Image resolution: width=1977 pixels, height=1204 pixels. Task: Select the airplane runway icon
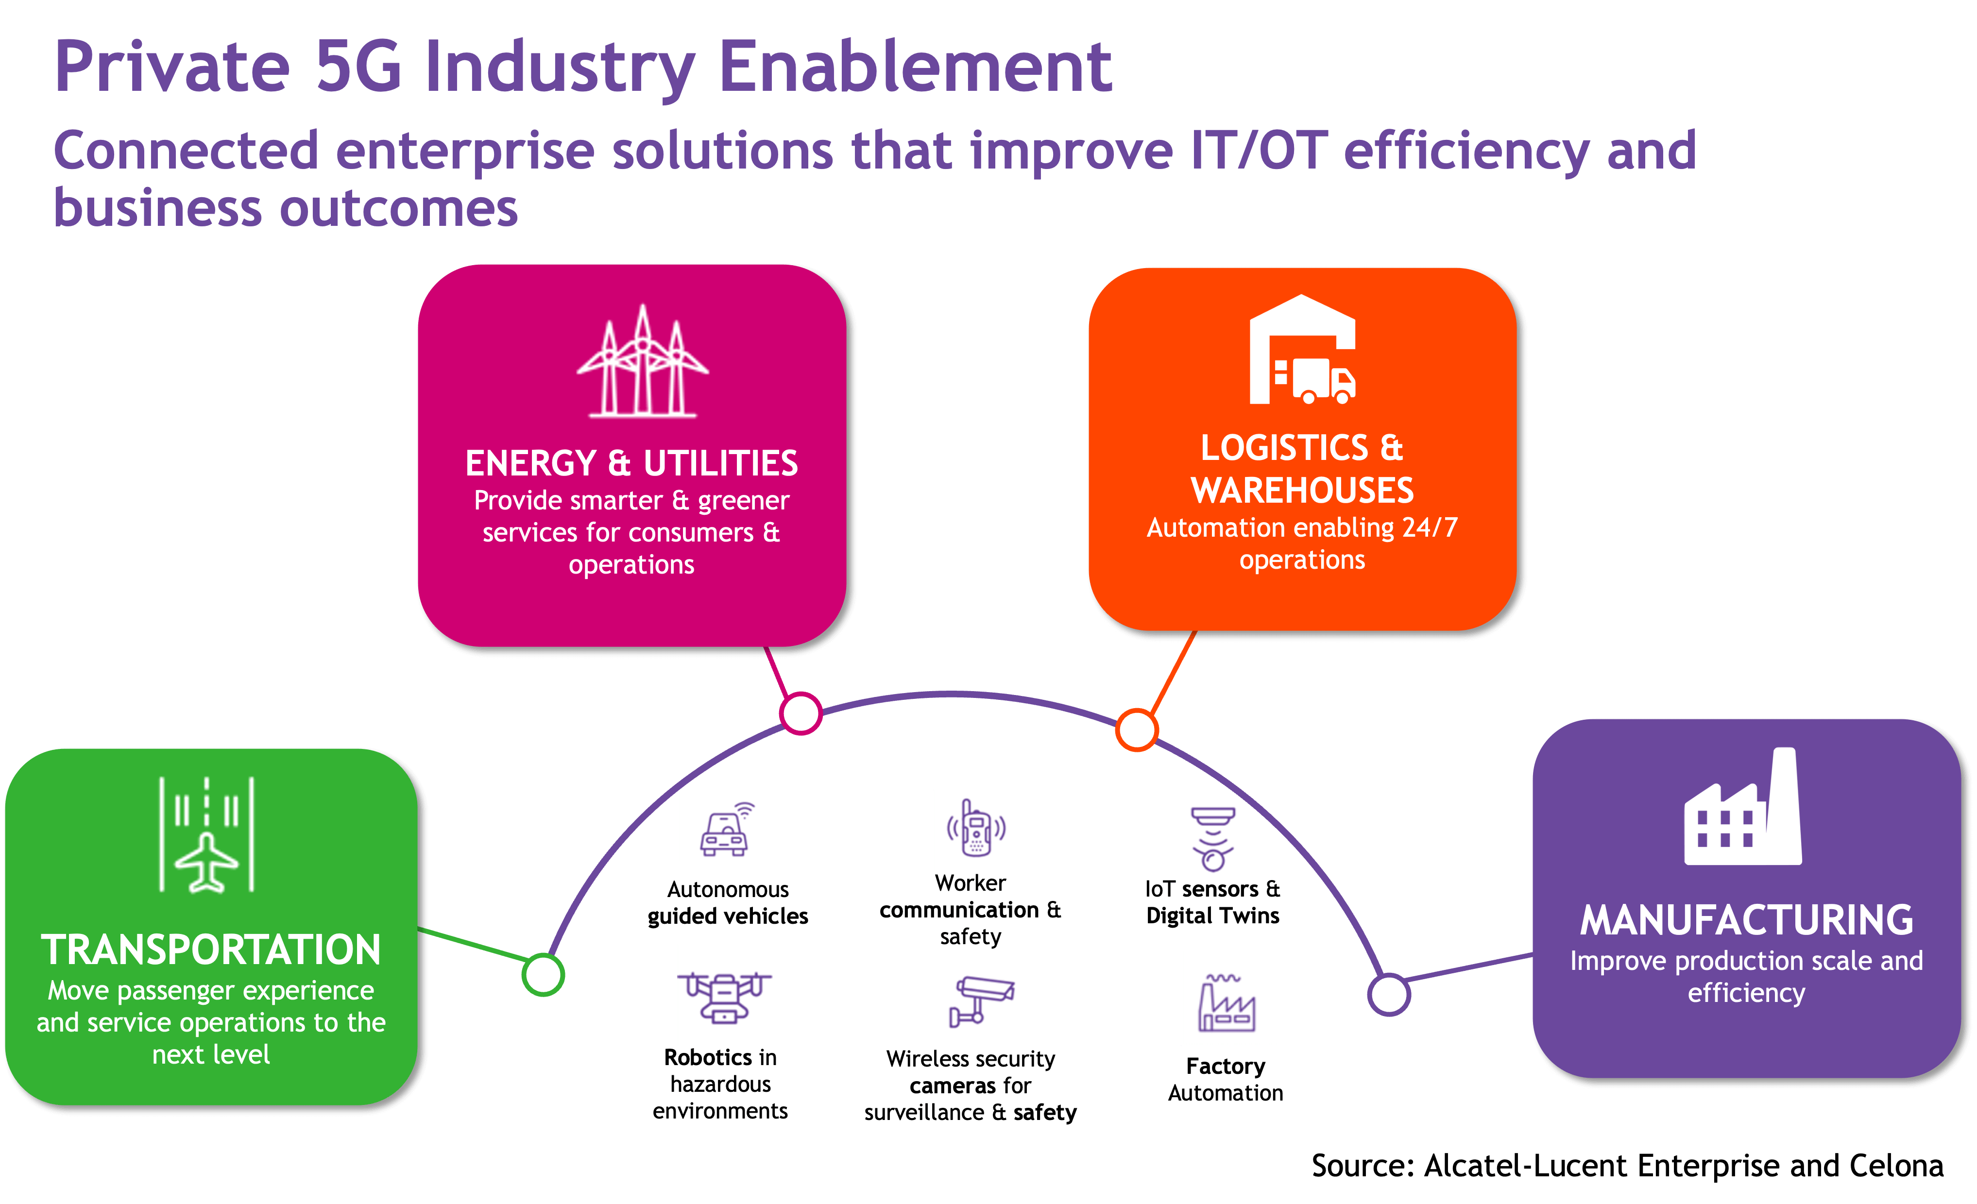[207, 834]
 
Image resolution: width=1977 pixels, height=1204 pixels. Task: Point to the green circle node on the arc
[543, 975]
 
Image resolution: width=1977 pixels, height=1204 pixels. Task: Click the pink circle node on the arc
[801, 713]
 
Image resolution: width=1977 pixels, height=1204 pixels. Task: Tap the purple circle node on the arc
[1389, 995]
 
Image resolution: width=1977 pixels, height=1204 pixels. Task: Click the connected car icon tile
[728, 825]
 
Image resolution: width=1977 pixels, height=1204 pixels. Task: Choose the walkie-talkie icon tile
[976, 830]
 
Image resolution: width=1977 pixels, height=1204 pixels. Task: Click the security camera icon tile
[980, 998]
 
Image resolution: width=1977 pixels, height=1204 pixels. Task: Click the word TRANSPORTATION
[211, 950]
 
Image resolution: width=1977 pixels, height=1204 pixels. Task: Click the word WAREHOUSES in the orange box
[1302, 490]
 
